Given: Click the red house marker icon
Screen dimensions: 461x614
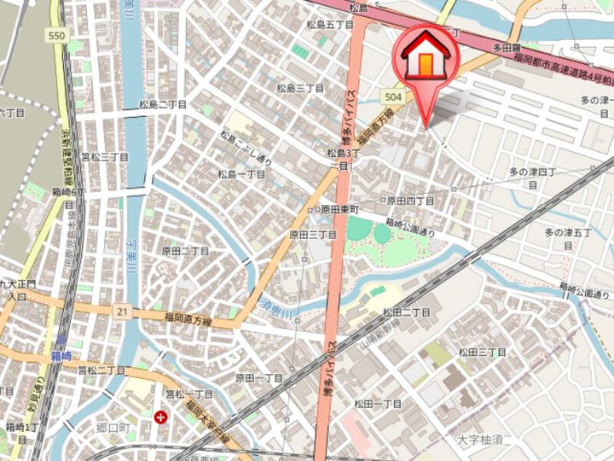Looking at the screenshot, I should click(x=425, y=57).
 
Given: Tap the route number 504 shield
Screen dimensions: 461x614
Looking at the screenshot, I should click(x=393, y=97).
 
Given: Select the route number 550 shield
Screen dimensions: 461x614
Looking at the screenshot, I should click(x=57, y=36).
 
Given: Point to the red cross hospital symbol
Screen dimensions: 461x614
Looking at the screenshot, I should click(x=161, y=417).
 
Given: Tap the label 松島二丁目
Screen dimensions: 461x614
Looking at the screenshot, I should click(x=163, y=104).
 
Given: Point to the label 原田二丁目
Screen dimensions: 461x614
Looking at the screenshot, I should click(x=186, y=251).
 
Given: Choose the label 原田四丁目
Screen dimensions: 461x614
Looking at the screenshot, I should click(x=411, y=201).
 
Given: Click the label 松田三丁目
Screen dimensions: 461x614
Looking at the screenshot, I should click(x=483, y=352).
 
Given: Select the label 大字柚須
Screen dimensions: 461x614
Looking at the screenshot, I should click(x=482, y=441).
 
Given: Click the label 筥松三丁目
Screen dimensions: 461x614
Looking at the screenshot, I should click(x=104, y=157).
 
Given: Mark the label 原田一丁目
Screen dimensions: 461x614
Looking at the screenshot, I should click(x=258, y=377).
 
